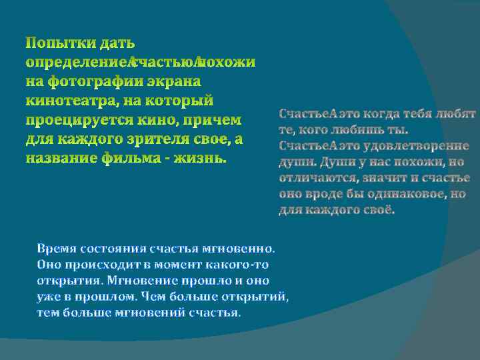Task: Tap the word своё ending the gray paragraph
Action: pos(376,211)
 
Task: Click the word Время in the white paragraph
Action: pos(55,249)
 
